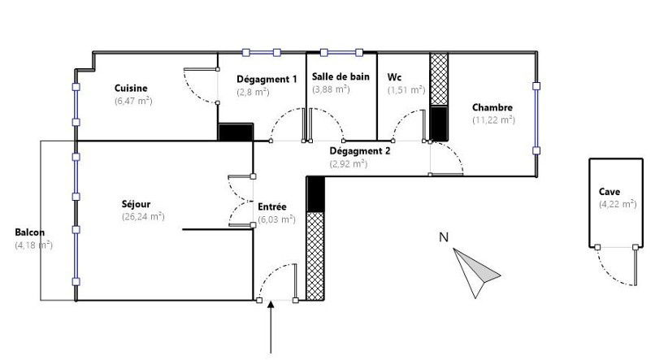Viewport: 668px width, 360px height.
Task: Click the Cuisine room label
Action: (131, 89)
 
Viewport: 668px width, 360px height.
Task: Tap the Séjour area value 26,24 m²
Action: (143, 216)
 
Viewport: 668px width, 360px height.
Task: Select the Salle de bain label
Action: (341, 76)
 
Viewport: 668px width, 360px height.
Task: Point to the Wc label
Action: (394, 77)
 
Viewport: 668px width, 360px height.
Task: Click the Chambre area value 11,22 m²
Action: (494, 119)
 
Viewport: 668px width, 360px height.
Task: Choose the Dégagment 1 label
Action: (267, 80)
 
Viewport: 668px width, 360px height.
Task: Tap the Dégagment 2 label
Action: (360, 151)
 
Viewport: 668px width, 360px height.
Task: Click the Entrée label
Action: (272, 206)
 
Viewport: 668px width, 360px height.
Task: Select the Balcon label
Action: (30, 232)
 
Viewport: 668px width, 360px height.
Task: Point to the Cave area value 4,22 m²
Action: (618, 204)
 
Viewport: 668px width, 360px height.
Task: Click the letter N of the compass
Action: (444, 236)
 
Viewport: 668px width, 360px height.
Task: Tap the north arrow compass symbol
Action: (476, 273)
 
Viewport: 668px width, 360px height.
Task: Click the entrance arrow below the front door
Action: (271, 327)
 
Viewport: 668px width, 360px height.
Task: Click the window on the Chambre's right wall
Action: (536, 119)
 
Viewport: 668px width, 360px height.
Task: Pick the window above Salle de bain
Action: (341, 53)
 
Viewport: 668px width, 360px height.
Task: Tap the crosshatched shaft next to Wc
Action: (439, 80)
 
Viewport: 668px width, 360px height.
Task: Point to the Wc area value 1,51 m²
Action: (406, 90)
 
